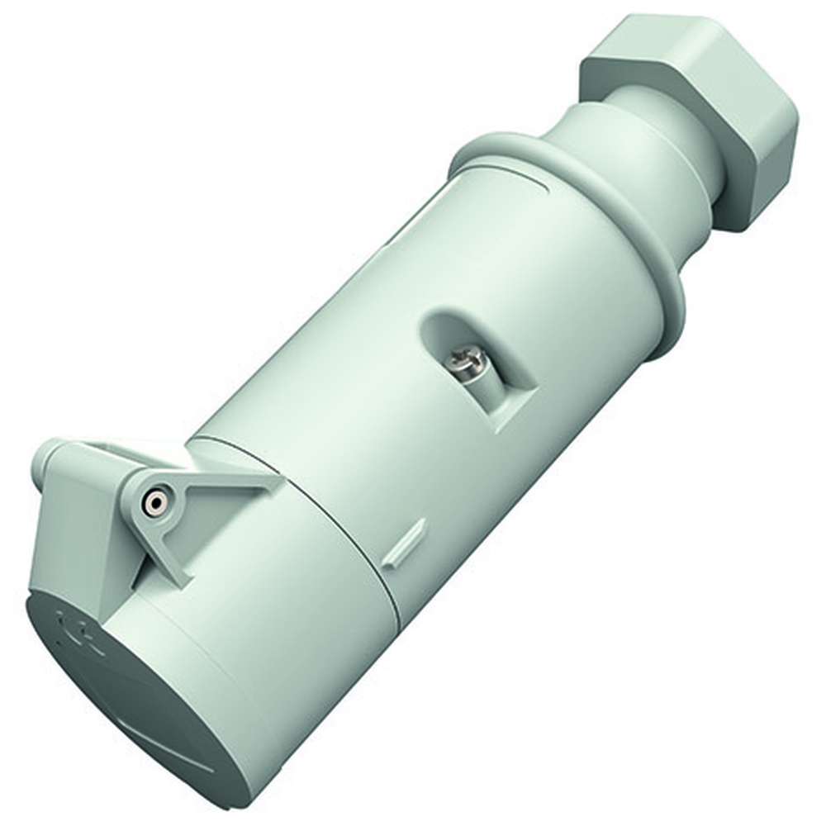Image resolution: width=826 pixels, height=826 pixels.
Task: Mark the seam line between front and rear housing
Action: click(347, 529)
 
